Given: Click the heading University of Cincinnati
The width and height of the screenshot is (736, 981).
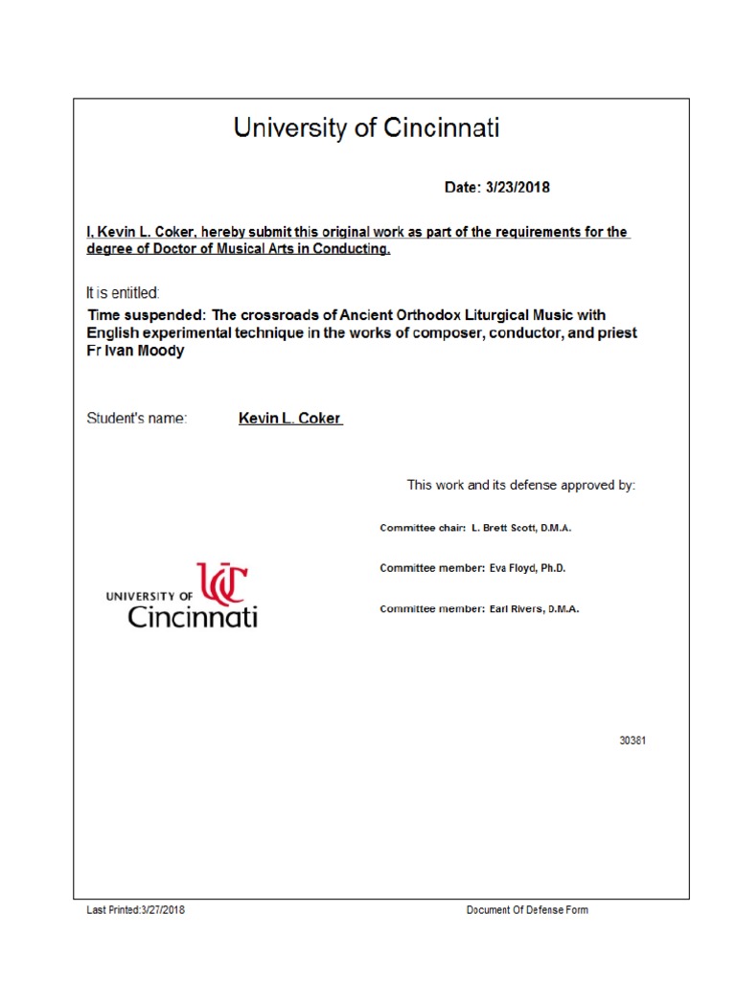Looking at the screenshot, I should (367, 129).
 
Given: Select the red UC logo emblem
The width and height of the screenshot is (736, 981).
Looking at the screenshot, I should (223, 583).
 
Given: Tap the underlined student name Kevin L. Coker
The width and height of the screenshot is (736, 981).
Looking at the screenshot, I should (290, 419).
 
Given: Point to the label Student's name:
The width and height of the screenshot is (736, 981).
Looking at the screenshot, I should (137, 419).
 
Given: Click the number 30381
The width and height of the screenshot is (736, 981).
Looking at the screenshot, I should (632, 741).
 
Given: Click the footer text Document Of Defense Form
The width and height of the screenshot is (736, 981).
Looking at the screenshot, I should (527, 909).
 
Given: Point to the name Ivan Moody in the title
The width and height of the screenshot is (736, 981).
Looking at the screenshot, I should (143, 351).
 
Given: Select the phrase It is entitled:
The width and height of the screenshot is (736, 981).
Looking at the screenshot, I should (124, 291).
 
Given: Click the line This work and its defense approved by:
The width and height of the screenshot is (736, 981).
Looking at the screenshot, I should (521, 486).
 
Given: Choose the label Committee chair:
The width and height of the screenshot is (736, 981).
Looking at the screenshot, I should (423, 528).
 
